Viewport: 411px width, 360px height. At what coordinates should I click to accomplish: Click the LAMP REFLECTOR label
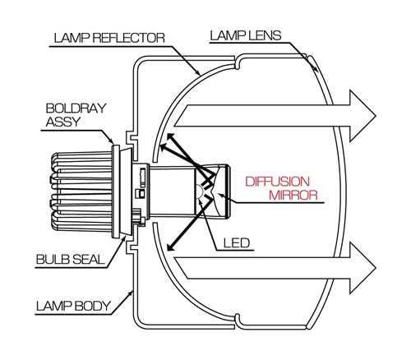pos(109,38)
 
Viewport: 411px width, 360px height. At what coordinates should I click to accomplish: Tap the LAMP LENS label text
pos(246,35)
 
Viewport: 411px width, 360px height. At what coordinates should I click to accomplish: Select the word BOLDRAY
pos(76,108)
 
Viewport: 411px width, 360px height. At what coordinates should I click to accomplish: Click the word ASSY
pos(63,122)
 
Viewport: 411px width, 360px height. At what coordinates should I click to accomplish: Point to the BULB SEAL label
pos(71,259)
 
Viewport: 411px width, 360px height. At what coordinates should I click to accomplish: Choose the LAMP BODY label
pos(73,306)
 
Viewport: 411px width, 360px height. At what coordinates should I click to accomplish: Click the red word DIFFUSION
pos(278,182)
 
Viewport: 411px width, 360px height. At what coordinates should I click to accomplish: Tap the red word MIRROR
pos(293,195)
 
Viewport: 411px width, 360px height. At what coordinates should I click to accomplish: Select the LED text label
pos(237,243)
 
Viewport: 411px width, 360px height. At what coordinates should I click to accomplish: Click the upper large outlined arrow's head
pos(363,116)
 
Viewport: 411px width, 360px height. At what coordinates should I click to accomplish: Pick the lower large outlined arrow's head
pos(363,268)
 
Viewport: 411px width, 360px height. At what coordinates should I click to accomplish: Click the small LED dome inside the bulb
pos(199,191)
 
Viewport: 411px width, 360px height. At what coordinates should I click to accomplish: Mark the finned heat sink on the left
pos(81,191)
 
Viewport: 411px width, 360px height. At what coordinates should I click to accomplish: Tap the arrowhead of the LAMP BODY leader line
pos(131,294)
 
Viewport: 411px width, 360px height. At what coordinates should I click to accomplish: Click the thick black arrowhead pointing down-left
pos(170,247)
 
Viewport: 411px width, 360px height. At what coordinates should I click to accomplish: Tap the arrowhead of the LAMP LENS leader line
pos(316,68)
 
